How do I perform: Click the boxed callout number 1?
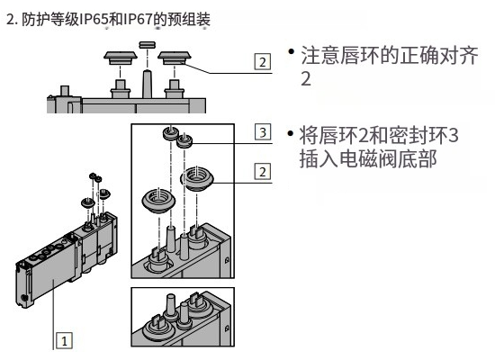[x=64, y=341]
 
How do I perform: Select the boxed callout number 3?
[x=263, y=132]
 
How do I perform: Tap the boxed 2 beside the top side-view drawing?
[x=263, y=61]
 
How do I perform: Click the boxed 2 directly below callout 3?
[x=263, y=172]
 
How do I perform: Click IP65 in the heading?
[x=94, y=20]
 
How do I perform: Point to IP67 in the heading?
[x=139, y=20]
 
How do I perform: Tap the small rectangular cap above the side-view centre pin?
[x=147, y=44]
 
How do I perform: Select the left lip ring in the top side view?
[x=121, y=58]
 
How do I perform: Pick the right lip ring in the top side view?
[x=175, y=58]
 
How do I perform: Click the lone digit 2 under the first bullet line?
[x=306, y=78]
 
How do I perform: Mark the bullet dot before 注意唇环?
[x=291, y=51]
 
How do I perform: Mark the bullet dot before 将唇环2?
[x=291, y=133]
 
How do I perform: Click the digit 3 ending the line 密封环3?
[x=453, y=135]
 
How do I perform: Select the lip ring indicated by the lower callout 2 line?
[x=197, y=178]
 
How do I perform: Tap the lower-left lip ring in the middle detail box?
[x=158, y=201]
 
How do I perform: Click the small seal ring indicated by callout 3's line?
[x=184, y=140]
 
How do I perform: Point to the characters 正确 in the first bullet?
[x=420, y=56]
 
